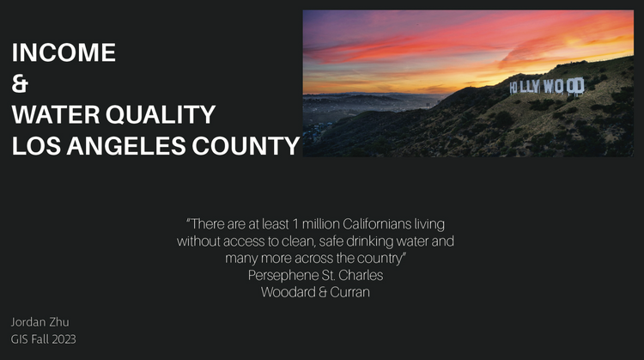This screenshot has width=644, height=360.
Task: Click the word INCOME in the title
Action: pyautogui.click(x=64, y=52)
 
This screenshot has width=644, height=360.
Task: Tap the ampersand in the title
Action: pyautogui.click(x=20, y=83)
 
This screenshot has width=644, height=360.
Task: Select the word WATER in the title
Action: pyautogui.click(x=56, y=114)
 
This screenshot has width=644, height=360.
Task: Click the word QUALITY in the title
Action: pyautogui.click(x=161, y=114)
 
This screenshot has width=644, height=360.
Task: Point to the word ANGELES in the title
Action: pyautogui.click(x=126, y=145)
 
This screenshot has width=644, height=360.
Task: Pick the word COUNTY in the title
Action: pyautogui.click(x=246, y=145)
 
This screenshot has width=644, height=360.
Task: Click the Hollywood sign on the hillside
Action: pyautogui.click(x=547, y=86)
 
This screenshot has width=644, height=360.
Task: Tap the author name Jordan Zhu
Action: pyautogui.click(x=39, y=322)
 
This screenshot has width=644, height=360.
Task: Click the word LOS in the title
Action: pyautogui.click(x=36, y=145)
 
